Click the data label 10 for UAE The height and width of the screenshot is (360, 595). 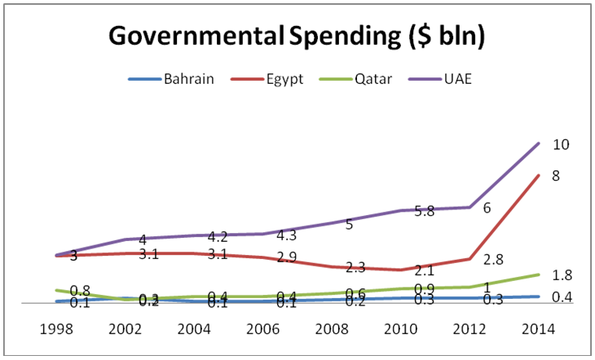(x=561, y=145)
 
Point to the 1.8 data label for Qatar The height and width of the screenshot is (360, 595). (x=561, y=275)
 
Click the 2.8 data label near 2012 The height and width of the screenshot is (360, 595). (x=494, y=260)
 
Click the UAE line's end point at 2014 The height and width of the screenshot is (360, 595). (x=538, y=143)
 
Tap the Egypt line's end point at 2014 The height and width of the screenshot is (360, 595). (x=538, y=174)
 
